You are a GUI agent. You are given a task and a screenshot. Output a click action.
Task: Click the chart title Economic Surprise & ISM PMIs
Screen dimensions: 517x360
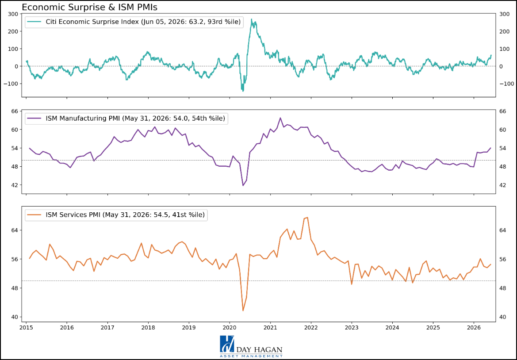[90, 7]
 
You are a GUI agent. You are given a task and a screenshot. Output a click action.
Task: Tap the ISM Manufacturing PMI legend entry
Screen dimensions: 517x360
[126, 119]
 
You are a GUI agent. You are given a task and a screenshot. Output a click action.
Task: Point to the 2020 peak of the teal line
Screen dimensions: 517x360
[252, 19]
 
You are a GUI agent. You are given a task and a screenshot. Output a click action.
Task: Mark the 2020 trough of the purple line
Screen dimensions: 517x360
[243, 186]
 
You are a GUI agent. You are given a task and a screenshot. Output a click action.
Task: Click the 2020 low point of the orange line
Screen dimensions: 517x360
[243, 310]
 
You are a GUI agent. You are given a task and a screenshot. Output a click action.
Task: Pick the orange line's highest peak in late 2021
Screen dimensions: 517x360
[307, 218]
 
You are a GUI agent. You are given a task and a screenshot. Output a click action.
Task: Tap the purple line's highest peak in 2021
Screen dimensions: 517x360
[280, 118]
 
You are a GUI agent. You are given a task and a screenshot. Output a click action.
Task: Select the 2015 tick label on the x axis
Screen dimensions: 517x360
[26, 328]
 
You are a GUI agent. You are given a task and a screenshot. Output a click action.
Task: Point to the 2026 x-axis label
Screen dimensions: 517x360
[474, 328]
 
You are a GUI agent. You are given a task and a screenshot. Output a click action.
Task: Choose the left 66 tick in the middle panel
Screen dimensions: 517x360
[14, 111]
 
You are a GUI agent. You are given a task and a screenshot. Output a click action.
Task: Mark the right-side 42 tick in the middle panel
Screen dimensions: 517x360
[503, 185]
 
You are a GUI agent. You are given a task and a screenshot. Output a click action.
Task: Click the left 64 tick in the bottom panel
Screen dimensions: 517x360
[14, 230]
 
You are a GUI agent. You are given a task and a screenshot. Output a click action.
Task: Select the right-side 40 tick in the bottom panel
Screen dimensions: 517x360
[503, 317]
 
